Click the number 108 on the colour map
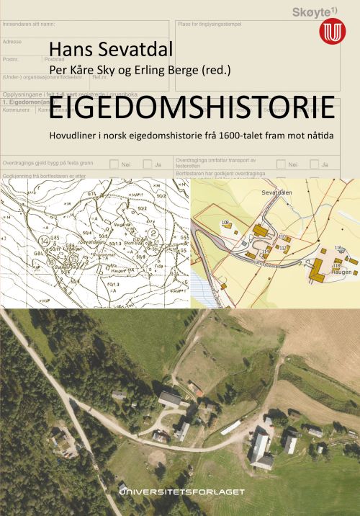pos(225,223)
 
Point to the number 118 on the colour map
pos(335,267)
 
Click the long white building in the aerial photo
pos(232,427)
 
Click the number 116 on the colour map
pos(338,248)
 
